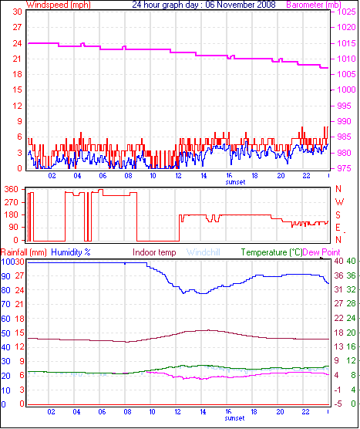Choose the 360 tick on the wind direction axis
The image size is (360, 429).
[x=11, y=189]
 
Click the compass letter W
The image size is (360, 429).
[x=338, y=189]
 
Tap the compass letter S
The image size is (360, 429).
[x=338, y=214]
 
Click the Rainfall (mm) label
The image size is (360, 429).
[x=24, y=252]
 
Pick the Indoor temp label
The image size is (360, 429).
[x=154, y=252]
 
